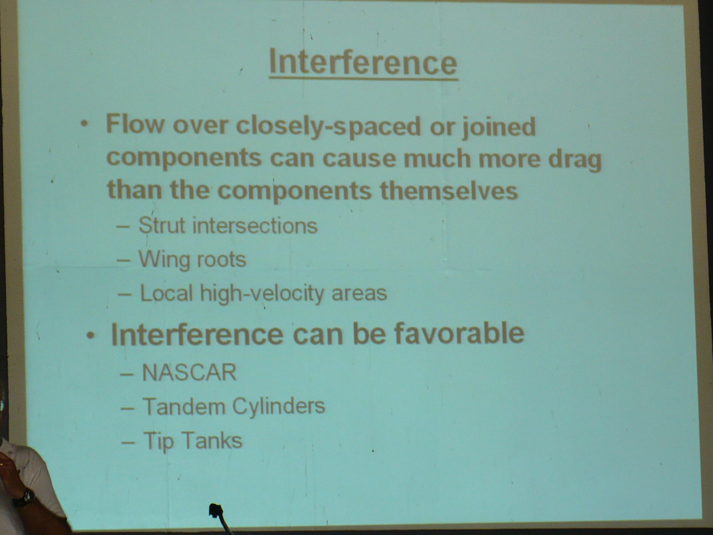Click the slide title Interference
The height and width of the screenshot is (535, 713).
click(363, 62)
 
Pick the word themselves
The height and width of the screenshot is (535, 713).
click(449, 191)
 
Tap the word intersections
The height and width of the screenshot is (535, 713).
click(255, 226)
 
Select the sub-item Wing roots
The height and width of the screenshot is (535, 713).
click(192, 260)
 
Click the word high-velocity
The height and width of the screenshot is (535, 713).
click(262, 294)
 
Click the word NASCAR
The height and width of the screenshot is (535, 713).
click(189, 372)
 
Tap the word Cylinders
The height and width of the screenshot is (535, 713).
click(279, 406)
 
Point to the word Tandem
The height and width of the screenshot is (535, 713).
click(184, 406)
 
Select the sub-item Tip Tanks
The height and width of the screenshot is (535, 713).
click(193, 441)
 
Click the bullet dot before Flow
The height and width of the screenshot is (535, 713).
click(85, 124)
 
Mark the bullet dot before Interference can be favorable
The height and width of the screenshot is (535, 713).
click(91, 336)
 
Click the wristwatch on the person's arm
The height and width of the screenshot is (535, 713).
click(25, 498)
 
